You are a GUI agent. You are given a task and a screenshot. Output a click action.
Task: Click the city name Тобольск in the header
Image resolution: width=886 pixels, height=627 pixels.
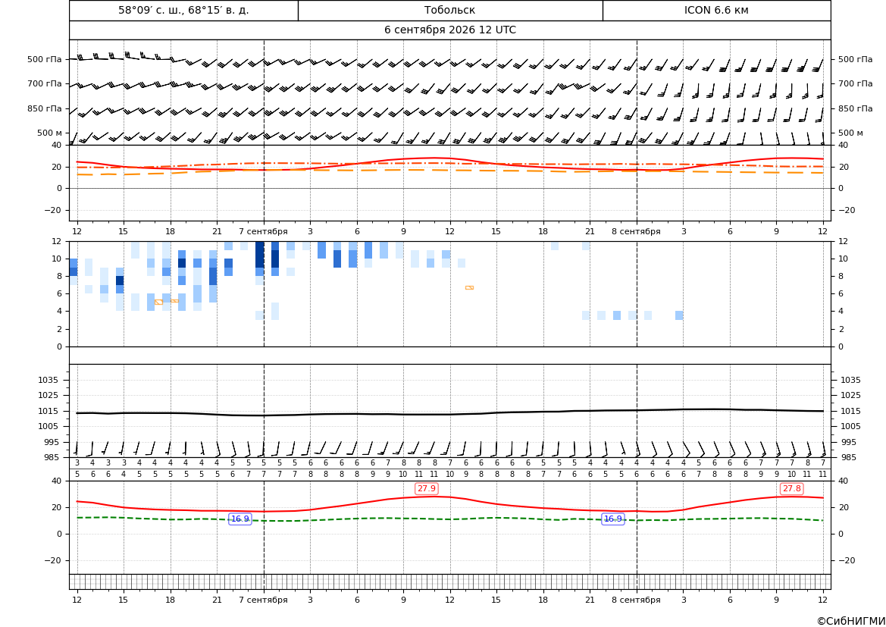(x=449, y=10)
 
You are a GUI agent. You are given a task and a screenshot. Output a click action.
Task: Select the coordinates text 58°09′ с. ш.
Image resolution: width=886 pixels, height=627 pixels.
(x=151, y=10)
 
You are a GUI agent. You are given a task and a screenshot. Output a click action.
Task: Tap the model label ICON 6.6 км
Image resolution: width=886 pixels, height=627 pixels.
(x=716, y=10)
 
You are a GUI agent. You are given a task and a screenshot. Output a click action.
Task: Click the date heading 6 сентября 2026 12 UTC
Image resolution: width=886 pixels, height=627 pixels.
(x=449, y=30)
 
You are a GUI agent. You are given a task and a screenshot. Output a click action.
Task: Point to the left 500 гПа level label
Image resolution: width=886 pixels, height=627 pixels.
(x=45, y=59)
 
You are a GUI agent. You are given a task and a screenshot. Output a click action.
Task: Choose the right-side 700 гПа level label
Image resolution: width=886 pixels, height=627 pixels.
(x=855, y=83)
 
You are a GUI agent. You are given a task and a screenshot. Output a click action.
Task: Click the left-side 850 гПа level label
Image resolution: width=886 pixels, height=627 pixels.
(x=45, y=108)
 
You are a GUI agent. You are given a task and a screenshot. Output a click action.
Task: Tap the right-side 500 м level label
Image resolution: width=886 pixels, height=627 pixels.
(x=850, y=133)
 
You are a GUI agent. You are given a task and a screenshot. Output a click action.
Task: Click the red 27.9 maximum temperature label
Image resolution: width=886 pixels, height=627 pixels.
(x=427, y=488)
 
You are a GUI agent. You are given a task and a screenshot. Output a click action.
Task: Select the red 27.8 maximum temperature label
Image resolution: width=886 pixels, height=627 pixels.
(x=791, y=488)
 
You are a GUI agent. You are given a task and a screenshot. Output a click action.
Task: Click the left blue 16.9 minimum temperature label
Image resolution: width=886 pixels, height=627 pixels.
(x=240, y=519)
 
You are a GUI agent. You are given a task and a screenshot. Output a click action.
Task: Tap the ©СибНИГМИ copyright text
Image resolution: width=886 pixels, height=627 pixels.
(x=851, y=621)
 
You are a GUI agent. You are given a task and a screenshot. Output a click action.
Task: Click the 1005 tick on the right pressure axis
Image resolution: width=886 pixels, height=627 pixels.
(x=851, y=426)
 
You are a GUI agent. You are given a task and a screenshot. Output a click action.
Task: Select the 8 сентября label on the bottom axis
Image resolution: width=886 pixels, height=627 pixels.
(x=636, y=600)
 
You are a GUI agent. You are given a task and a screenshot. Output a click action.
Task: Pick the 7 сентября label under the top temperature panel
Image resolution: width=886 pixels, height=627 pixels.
(x=263, y=231)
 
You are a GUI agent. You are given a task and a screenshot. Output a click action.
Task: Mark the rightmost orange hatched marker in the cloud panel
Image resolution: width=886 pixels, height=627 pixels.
(x=469, y=288)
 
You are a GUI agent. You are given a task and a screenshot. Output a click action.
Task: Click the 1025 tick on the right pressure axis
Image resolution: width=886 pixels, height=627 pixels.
(x=851, y=395)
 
